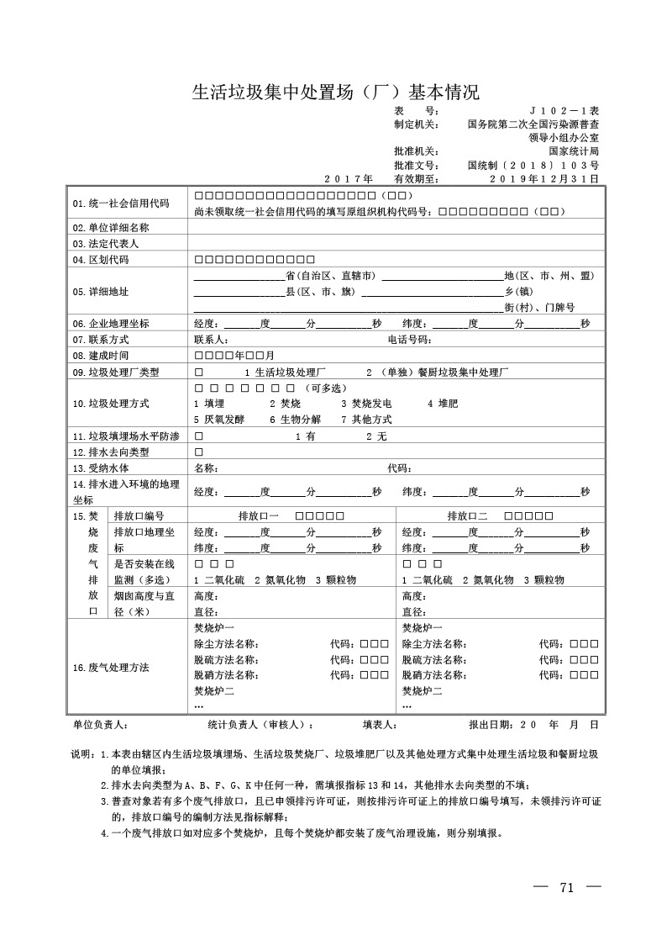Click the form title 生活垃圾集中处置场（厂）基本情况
[336, 92]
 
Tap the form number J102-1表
[564, 111]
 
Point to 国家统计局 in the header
[574, 151]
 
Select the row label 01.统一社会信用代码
[121, 203]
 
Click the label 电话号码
[409, 340]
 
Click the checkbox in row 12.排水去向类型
[199, 452]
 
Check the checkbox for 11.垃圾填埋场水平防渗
[199, 436]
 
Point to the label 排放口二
[467, 515]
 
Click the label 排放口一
[260, 515]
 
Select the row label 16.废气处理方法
[111, 668]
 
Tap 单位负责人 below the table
[100, 723]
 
